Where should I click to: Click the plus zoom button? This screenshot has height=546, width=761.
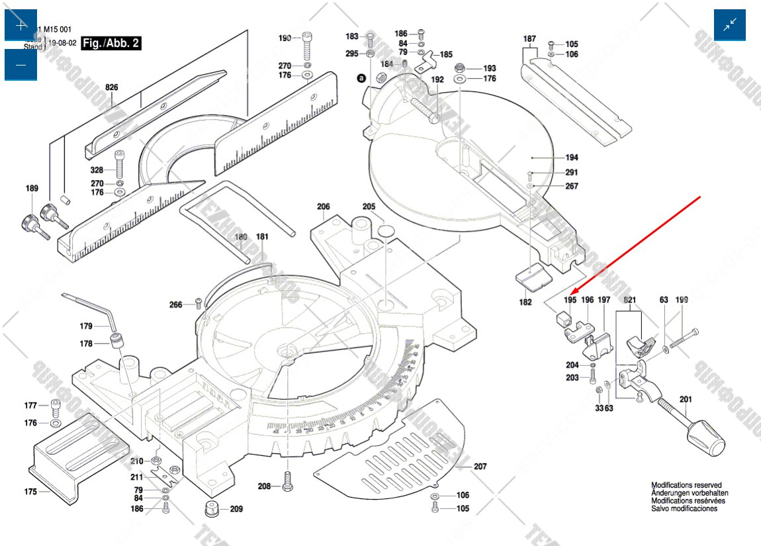21,26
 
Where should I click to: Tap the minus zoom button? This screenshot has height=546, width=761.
21,65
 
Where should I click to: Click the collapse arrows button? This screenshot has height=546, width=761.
730,26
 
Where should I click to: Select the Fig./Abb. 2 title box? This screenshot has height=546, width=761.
111,44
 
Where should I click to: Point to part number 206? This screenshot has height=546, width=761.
323,206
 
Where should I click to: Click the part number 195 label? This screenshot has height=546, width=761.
570,300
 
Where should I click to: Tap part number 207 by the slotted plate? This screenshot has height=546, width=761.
480,467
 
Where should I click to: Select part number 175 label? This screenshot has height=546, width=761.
30,492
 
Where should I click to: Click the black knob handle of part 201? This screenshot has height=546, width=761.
706,441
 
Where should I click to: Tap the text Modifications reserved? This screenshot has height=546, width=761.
686,485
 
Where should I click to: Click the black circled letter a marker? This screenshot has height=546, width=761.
361,78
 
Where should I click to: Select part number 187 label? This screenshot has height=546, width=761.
529,39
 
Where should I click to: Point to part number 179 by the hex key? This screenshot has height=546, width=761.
86,326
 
